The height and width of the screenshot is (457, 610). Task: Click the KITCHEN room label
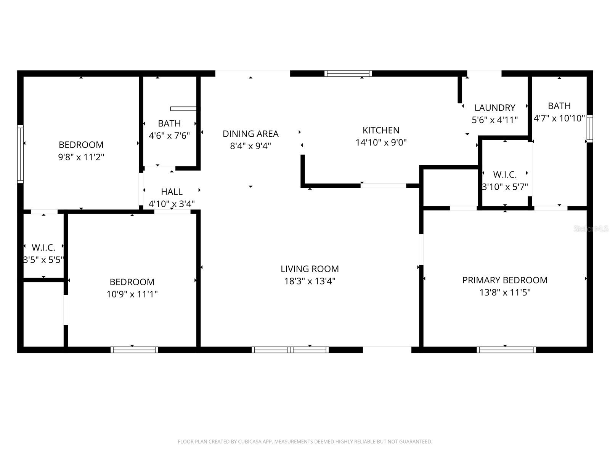[x=381, y=130]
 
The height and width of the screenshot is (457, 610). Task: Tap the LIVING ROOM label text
[x=310, y=269]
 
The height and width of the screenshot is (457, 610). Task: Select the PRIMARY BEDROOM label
[x=505, y=280]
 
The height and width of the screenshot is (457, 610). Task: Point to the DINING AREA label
[x=250, y=134]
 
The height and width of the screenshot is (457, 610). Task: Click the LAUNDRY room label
[x=495, y=108]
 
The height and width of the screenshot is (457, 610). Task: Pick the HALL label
[x=172, y=192]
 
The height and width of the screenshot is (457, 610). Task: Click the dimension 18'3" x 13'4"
[x=310, y=281]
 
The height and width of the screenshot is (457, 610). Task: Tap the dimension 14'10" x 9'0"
[x=381, y=142]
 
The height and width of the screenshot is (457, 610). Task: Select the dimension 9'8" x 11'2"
[x=81, y=157]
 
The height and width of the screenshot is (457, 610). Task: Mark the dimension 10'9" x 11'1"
[x=132, y=294]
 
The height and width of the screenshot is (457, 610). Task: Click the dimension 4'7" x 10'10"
[x=559, y=118]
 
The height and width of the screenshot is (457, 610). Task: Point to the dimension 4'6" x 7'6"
[x=169, y=136]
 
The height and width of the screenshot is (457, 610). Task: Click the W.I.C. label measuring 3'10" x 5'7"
[x=505, y=175]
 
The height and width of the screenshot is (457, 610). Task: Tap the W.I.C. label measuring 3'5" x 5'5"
[x=43, y=248]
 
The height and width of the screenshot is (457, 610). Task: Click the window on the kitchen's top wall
[x=348, y=74]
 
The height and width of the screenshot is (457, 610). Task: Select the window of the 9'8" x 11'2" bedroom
[x=21, y=154]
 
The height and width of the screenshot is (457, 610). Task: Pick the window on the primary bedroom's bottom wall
[x=506, y=350]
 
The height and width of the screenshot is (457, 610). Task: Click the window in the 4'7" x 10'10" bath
[x=589, y=129]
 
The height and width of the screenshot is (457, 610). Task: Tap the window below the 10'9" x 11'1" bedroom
[x=134, y=350]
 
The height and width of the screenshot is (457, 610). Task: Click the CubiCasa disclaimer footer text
[x=305, y=442]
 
